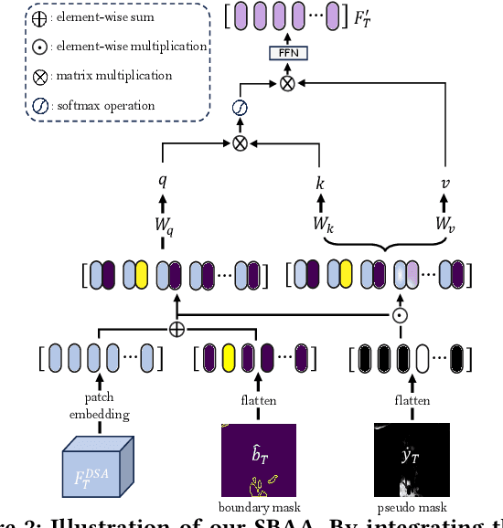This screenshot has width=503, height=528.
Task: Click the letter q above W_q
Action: click(163, 180)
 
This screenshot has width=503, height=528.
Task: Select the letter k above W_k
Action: click(320, 183)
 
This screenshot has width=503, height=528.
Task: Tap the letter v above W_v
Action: click(444, 183)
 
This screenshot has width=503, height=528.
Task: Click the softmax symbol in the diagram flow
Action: click(241, 110)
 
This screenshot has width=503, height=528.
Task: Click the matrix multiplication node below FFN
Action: click(287, 83)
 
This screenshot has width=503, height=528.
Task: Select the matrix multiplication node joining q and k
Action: click(241, 143)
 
